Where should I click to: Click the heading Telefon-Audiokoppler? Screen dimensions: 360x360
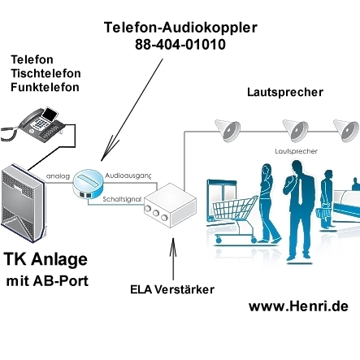point(180,27)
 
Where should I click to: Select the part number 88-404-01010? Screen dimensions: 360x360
point(180,44)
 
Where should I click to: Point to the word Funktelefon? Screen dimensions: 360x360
point(45,87)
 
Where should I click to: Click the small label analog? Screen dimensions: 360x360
point(58,175)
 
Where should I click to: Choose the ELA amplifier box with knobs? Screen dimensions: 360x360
point(169,205)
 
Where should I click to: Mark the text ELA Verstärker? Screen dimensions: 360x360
point(172,288)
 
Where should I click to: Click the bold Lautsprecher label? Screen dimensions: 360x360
point(284,92)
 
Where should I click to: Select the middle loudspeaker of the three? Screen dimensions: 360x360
point(297,128)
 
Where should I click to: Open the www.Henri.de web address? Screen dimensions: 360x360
point(297,306)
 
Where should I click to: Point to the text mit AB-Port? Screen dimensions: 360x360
point(47,282)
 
